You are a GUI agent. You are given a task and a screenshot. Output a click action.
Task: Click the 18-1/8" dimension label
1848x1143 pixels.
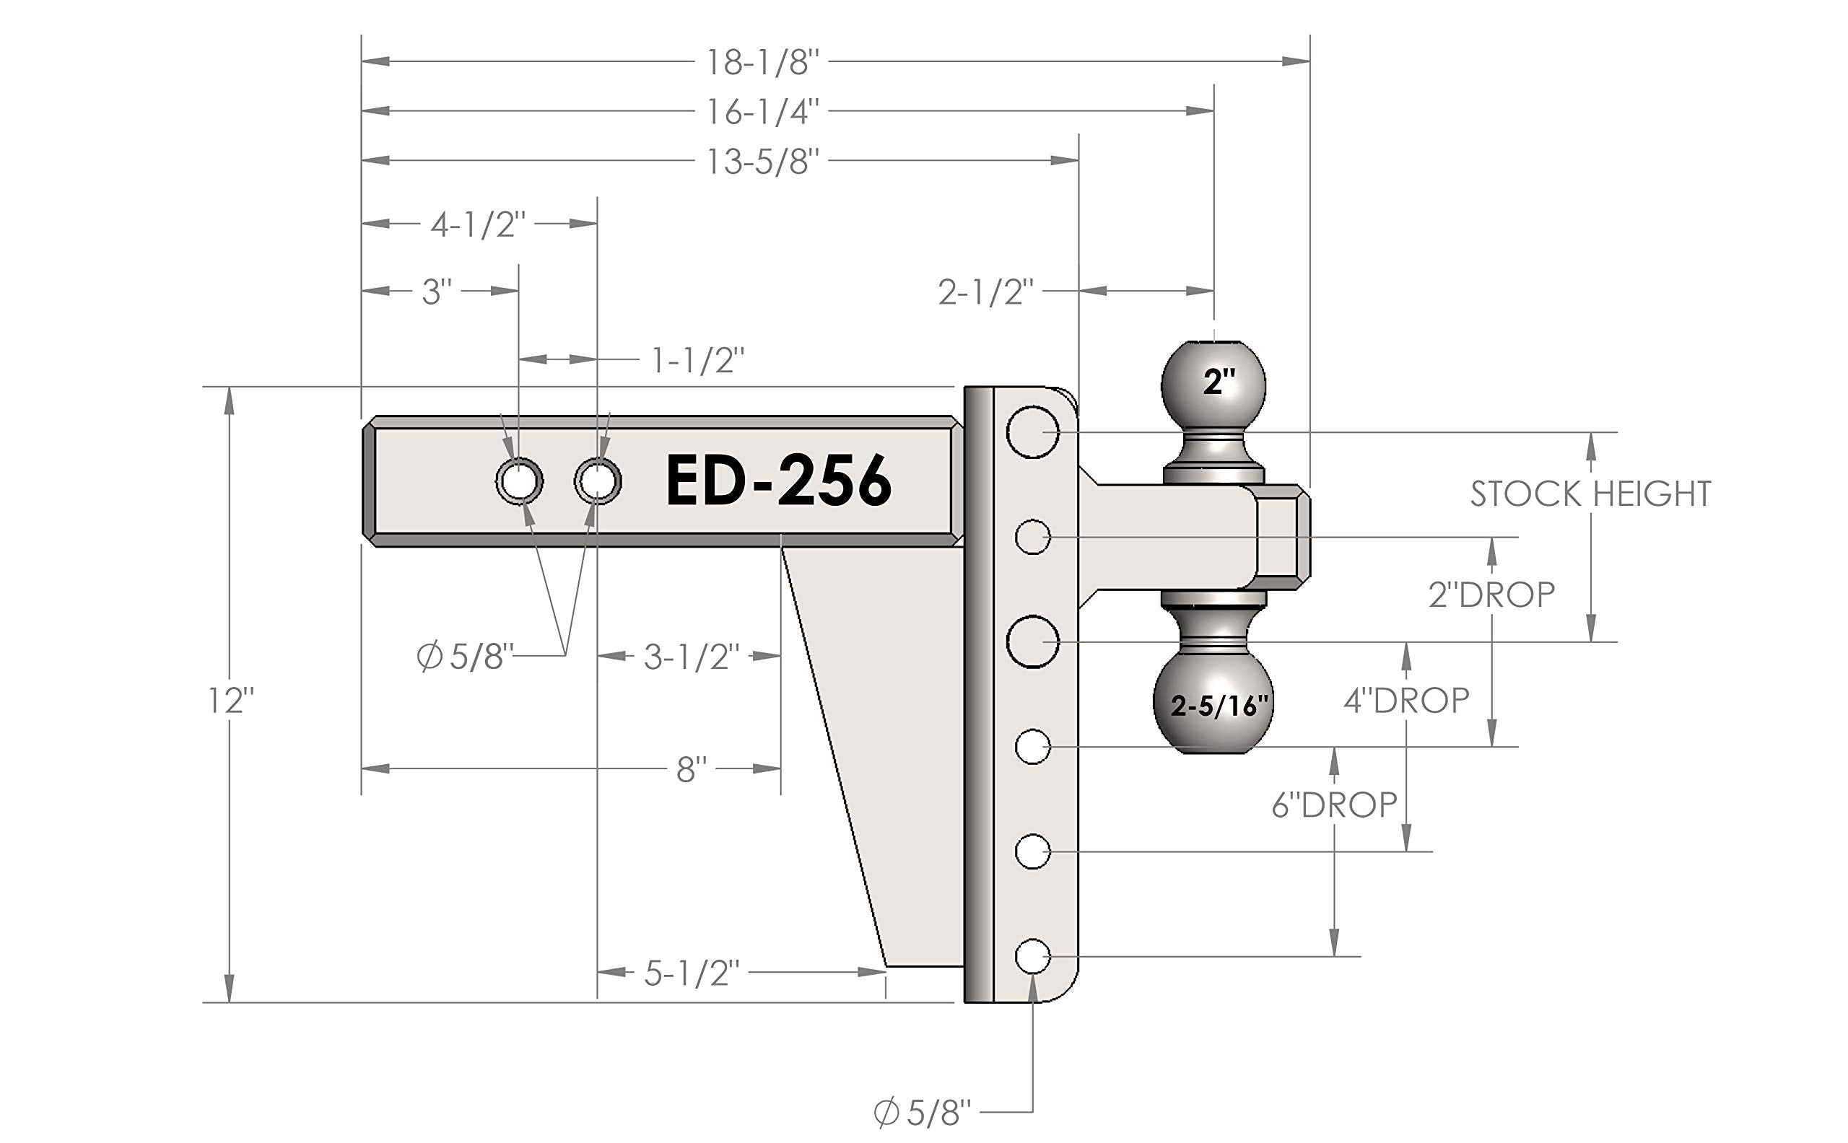(x=762, y=62)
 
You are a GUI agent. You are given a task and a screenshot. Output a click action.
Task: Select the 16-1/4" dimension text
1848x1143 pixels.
(x=762, y=112)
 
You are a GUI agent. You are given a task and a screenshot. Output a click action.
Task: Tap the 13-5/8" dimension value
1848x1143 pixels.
(x=762, y=162)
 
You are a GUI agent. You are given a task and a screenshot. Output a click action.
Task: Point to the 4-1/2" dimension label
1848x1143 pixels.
(x=478, y=224)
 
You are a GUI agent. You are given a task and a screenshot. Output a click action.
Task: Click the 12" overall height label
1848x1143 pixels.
(x=230, y=701)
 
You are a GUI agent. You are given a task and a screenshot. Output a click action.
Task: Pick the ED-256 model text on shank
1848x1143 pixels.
(x=778, y=481)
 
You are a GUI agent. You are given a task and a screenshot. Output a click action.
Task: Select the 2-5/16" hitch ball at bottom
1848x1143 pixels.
(x=1213, y=703)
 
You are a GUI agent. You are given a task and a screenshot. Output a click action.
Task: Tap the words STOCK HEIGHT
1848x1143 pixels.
(x=1590, y=494)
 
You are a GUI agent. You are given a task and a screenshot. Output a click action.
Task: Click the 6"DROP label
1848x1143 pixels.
(x=1334, y=805)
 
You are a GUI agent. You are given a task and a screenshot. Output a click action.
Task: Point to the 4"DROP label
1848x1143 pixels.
(x=1405, y=701)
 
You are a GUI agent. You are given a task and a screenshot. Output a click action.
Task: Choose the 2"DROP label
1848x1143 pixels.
(x=1491, y=595)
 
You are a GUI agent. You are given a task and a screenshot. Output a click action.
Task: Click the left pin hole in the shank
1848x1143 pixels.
(x=519, y=481)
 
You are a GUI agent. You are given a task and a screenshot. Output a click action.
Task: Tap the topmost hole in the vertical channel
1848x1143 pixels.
(x=1032, y=432)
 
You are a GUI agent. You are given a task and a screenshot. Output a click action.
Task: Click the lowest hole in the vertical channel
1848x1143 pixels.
(x=1032, y=957)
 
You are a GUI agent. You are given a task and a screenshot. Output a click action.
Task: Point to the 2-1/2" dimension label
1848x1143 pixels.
(x=985, y=292)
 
